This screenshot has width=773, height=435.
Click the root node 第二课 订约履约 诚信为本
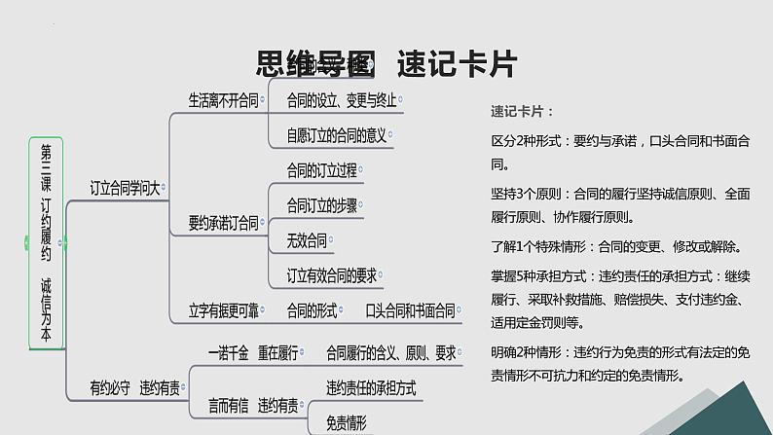tap(46, 243)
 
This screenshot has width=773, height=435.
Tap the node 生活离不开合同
tap(223, 99)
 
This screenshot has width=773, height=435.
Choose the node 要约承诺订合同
tap(223, 224)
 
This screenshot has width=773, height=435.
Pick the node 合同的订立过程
tap(321, 170)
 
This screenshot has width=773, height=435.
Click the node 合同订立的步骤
tap(321, 205)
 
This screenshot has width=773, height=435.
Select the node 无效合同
tap(308, 239)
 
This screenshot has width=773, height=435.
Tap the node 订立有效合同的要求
tap(331, 274)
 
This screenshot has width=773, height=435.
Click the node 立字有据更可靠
tap(223, 311)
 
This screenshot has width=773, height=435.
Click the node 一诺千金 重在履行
tap(248, 351)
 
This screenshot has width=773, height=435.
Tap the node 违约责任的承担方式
tap(371, 388)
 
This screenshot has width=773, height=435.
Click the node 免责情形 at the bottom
tap(347, 423)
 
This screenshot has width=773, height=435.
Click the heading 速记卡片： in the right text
tap(522, 111)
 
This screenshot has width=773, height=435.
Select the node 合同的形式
tap(312, 311)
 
